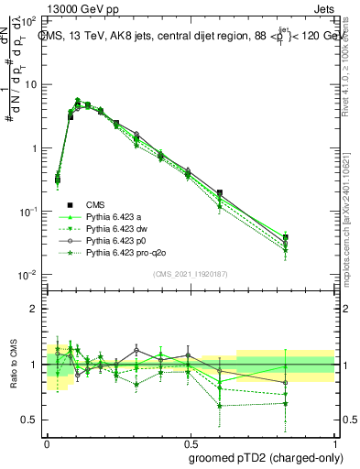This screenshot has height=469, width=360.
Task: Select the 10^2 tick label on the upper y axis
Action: (x=27, y=20)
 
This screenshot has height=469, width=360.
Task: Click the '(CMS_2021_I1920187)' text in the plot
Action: (x=191, y=274)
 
